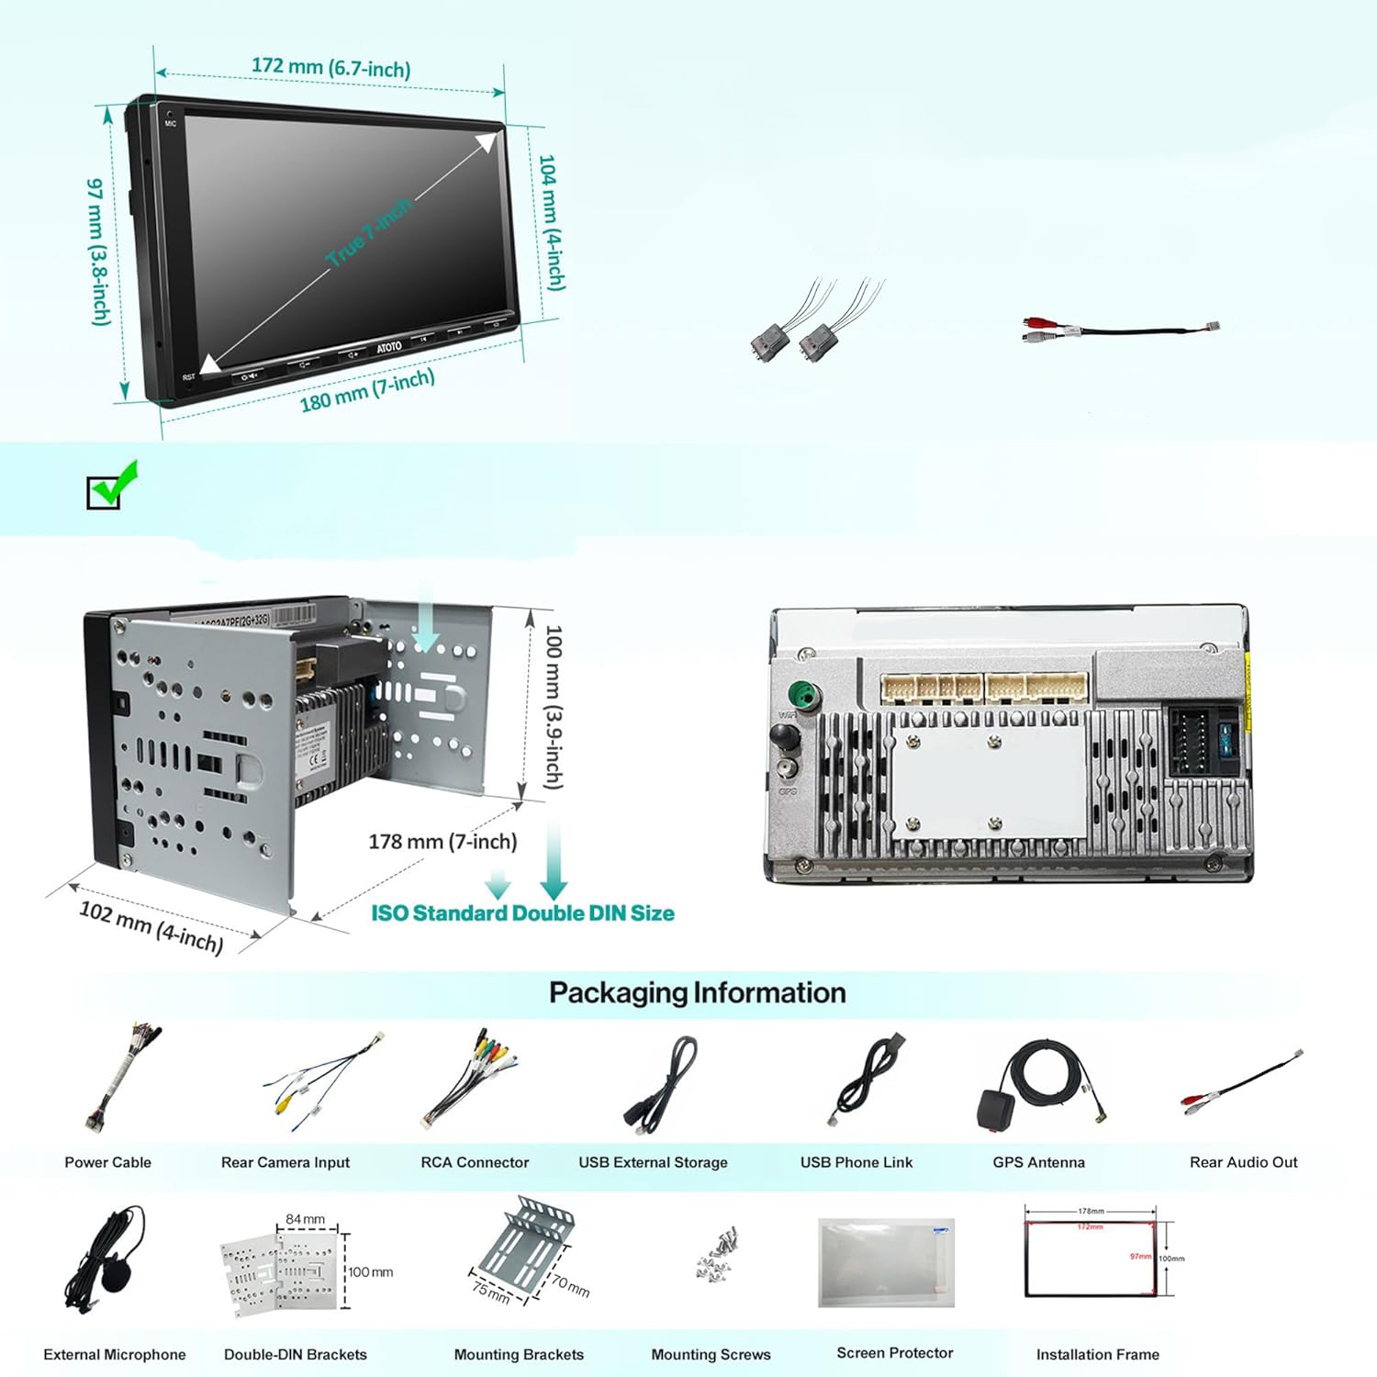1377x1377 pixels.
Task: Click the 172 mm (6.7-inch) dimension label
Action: pos(330,67)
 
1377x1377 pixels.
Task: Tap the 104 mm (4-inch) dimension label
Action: pos(551,222)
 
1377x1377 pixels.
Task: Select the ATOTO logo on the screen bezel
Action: pos(389,347)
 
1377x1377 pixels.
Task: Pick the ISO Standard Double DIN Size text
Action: pos(522,912)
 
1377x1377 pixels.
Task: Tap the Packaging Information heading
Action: pos(697,992)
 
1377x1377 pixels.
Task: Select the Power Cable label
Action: pos(107,1162)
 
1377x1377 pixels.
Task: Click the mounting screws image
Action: pos(715,1256)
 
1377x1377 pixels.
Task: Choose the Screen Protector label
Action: pos(894,1352)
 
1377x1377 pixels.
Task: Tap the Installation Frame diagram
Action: pos(1092,1252)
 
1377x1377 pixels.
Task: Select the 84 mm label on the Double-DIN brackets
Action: pos(305,1219)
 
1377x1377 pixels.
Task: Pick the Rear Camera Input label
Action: pos(285,1162)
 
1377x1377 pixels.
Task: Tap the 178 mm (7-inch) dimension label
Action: pos(442,841)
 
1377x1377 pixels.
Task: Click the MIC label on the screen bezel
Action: pos(171,123)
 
